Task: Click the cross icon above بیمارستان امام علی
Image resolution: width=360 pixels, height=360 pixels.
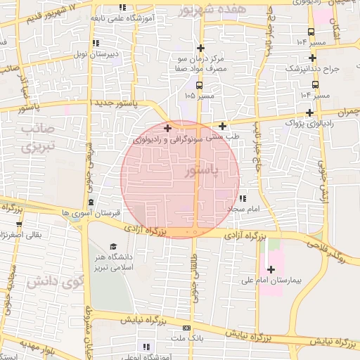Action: click(x=271, y=269)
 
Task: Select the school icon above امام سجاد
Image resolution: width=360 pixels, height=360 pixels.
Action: click(x=243, y=199)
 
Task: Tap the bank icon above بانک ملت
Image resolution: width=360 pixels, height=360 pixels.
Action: click(x=186, y=328)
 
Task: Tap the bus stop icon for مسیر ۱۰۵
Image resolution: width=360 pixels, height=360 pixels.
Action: click(x=199, y=84)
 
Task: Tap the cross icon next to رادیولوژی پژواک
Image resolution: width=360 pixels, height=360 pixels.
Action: click(x=310, y=112)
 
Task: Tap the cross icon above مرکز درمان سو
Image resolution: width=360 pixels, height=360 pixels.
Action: click(x=201, y=48)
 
